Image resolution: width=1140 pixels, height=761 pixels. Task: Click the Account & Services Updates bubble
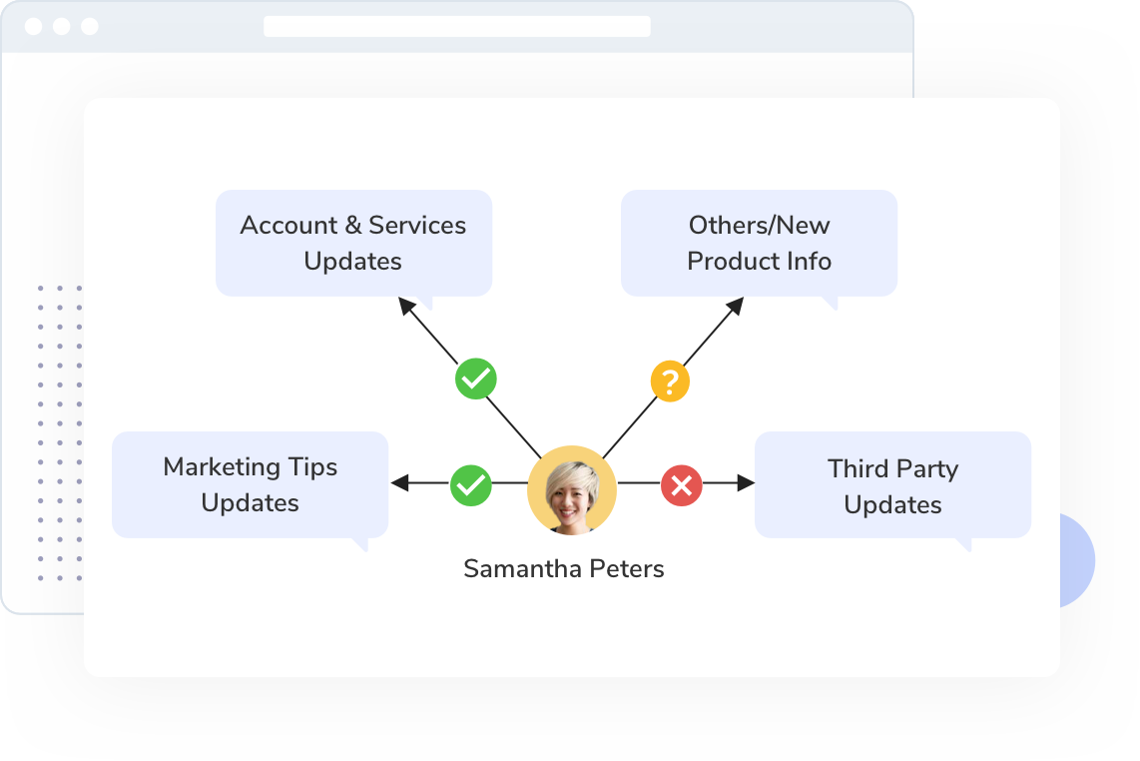[353, 243]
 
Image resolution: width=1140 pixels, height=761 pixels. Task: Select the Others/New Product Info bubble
[759, 243]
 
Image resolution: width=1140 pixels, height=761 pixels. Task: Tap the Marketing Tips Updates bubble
[250, 484]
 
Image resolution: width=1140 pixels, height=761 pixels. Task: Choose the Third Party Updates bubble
[892, 485]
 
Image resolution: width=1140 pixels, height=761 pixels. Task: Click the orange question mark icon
[671, 381]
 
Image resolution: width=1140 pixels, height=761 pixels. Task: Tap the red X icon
[682, 486]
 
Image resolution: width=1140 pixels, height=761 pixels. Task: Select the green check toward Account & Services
[476, 380]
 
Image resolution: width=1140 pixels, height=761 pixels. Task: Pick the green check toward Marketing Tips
[471, 485]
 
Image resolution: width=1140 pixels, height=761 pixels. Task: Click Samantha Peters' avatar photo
[572, 489]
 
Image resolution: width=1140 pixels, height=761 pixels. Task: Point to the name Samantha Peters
[563, 569]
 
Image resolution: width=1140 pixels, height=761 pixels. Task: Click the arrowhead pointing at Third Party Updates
[746, 484]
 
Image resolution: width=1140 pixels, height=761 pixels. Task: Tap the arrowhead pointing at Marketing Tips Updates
[399, 483]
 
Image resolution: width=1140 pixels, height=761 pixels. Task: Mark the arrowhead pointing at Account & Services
[407, 306]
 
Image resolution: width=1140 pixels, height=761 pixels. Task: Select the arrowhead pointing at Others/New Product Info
[735, 306]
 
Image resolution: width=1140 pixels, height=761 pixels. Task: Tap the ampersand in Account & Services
[352, 226]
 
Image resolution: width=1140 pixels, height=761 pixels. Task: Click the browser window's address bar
[456, 26]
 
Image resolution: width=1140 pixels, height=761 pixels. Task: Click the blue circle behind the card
[1077, 560]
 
